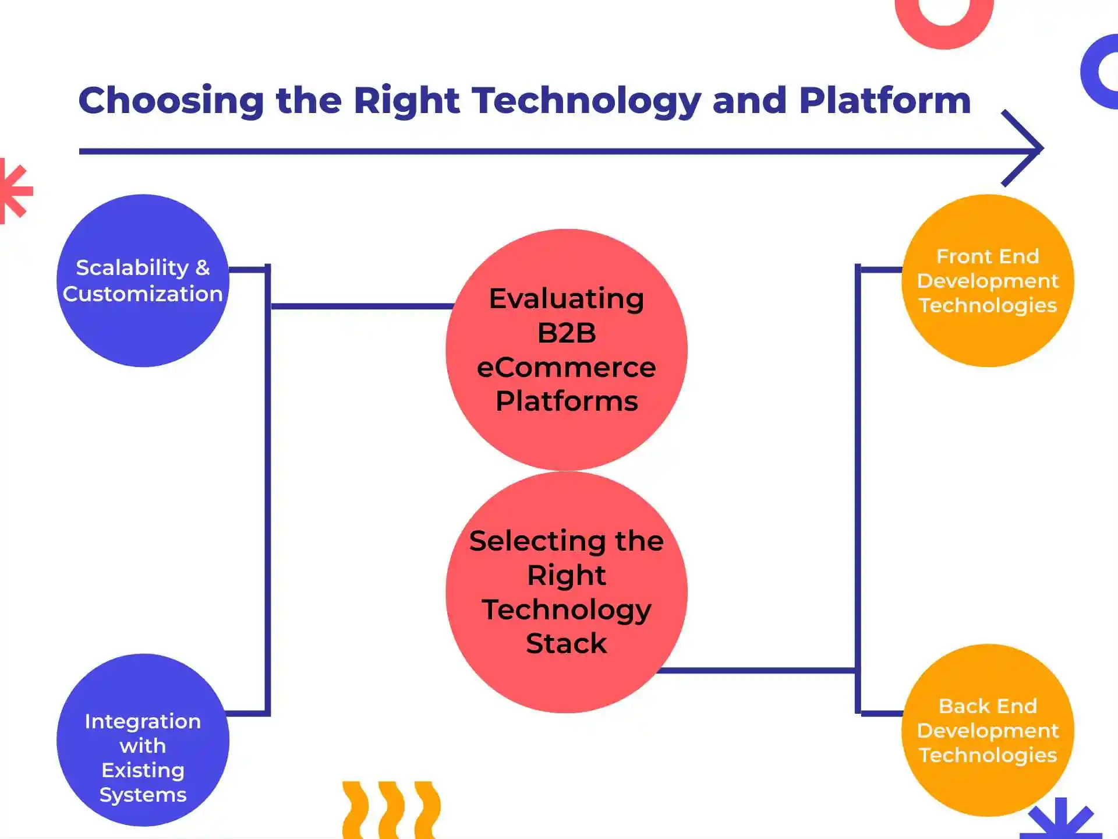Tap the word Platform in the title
(x=885, y=101)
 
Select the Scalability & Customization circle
(x=143, y=326)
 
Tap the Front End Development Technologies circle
(x=988, y=338)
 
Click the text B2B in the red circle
(x=567, y=333)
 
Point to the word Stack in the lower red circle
(x=567, y=644)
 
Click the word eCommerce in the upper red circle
(x=567, y=368)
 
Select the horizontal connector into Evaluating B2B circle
(x=361, y=306)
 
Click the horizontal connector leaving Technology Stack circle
(x=757, y=671)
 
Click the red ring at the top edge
(x=944, y=23)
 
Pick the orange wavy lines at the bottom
(x=391, y=811)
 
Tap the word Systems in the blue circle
(x=143, y=795)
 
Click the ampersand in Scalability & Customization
(x=203, y=268)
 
